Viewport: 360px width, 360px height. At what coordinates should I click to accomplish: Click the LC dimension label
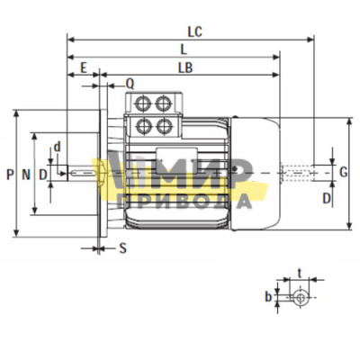pos(195,31)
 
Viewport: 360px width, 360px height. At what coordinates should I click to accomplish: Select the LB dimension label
pos(185,68)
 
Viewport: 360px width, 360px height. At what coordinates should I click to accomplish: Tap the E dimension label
pos(84,68)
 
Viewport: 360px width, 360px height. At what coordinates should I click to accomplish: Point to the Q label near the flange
pos(130,85)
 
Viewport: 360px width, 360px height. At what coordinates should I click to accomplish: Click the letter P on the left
pos(10,175)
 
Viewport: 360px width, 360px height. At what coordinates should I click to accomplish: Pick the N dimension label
pos(26,175)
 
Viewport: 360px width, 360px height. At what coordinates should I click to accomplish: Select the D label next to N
pos(43,175)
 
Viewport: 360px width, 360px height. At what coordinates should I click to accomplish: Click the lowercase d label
pos(57,147)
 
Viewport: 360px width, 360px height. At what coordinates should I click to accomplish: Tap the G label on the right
pos(344,172)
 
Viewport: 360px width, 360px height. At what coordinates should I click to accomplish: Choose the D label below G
pos(327,198)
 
